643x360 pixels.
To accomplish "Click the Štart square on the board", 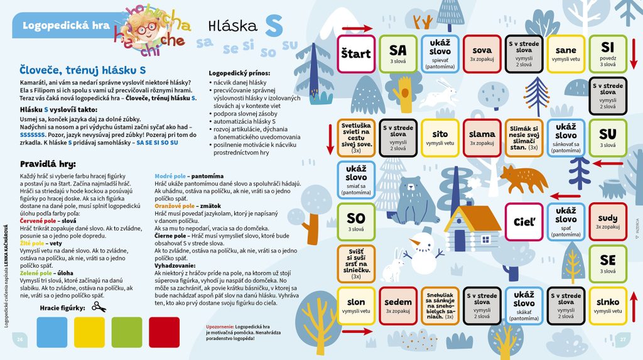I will (x=356, y=54).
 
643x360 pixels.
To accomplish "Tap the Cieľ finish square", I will (x=524, y=222).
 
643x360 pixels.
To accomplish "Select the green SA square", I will (x=398, y=54).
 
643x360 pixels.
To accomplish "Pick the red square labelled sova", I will (x=482, y=54).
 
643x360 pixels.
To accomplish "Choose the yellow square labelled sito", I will (x=440, y=138).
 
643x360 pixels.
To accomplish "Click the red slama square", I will (x=482, y=138).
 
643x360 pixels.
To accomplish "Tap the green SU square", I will (x=608, y=138).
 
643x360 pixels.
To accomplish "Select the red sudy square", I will (x=608, y=222).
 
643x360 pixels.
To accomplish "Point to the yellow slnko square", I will (x=608, y=305).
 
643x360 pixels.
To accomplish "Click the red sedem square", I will (x=398, y=305).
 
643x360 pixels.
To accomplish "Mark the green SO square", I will (x=356, y=222).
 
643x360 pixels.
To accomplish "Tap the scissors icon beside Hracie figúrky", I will (x=99, y=307).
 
